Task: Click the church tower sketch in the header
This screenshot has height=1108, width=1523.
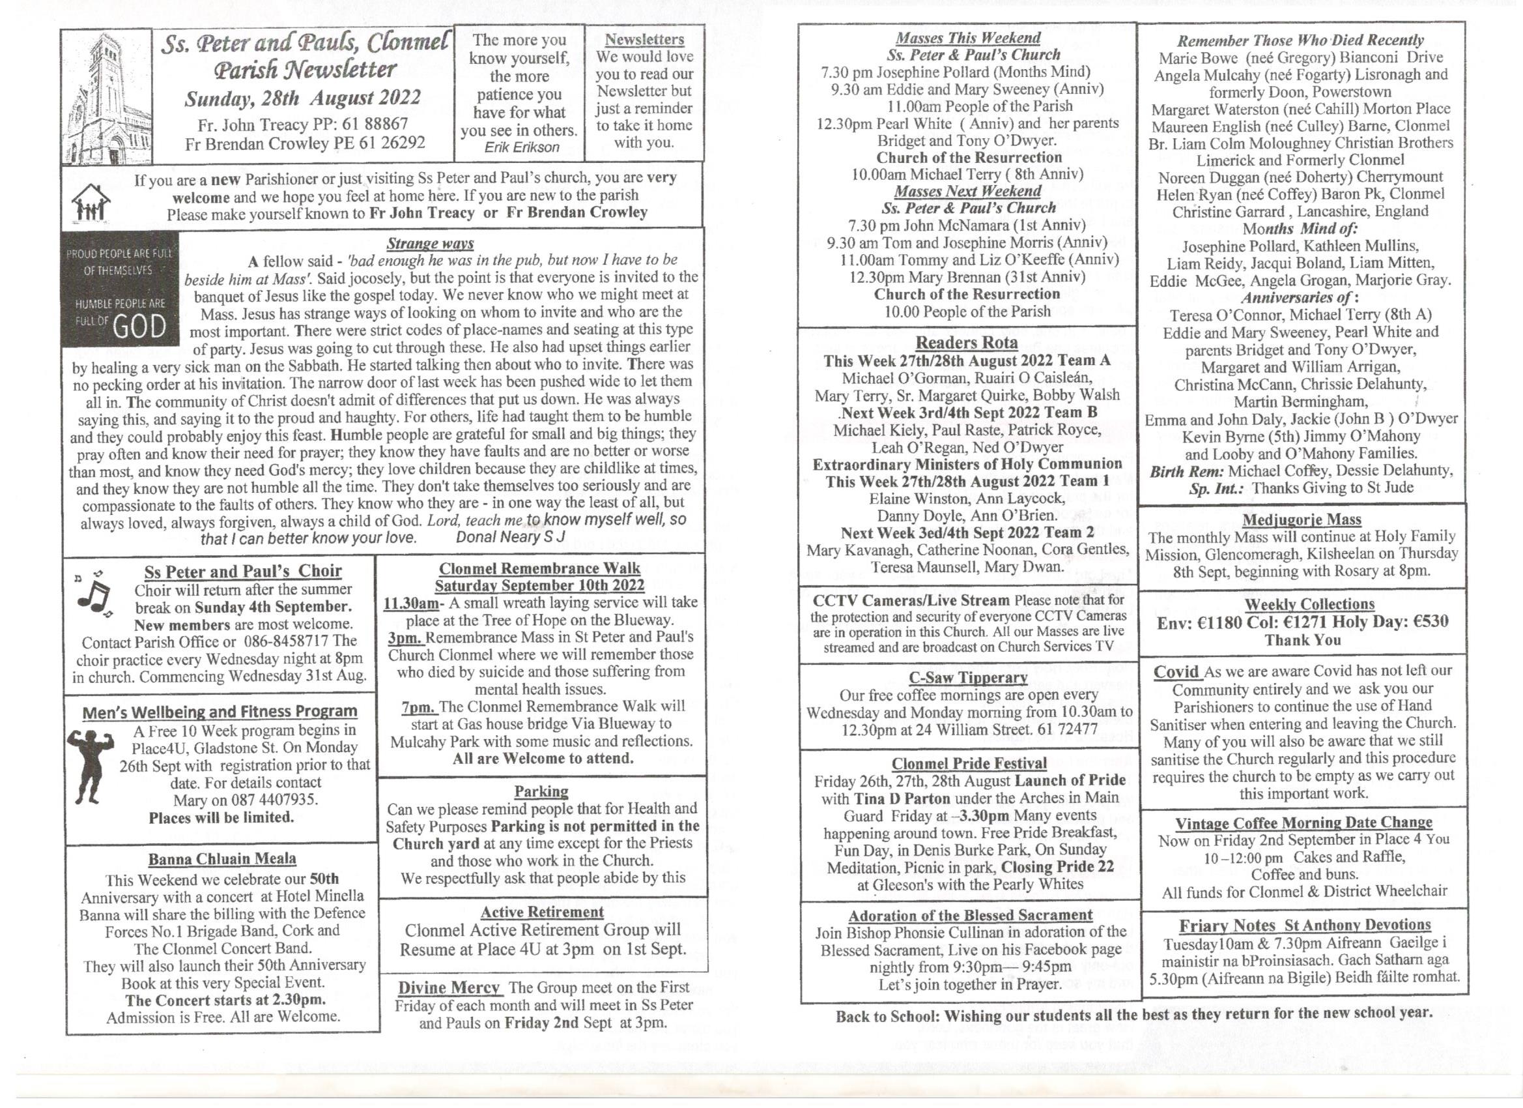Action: (106, 97)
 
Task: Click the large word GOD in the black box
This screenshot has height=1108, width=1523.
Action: (139, 327)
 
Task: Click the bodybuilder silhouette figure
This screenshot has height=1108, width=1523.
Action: (91, 766)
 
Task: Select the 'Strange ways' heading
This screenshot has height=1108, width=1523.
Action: (430, 243)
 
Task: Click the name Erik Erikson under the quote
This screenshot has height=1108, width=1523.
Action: (521, 147)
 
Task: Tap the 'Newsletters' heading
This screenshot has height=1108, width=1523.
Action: (644, 40)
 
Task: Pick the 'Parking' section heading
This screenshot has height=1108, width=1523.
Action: (541, 791)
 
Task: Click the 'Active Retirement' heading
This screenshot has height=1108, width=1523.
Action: (542, 912)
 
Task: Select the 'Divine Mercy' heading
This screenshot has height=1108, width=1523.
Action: (449, 987)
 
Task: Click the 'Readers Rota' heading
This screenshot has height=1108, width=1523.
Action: (966, 343)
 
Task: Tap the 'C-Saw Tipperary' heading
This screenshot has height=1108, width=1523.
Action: (967, 677)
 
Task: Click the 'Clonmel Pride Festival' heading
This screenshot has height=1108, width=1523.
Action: (969, 763)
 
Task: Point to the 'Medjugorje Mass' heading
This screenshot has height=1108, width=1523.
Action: (1302, 519)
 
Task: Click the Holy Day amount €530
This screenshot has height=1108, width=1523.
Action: (1423, 622)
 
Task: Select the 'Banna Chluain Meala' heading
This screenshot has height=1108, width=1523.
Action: (221, 859)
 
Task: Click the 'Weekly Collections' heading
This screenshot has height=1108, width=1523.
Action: (1309, 604)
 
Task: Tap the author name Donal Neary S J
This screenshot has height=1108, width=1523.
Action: (510, 537)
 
